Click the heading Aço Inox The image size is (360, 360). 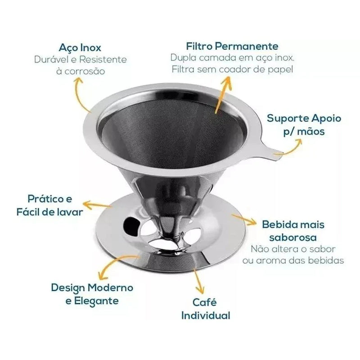pyautogui.click(x=81, y=48)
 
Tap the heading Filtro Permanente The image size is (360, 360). pyautogui.click(x=232, y=46)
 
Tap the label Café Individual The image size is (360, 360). pyautogui.click(x=206, y=308)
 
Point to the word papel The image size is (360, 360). pyautogui.click(x=280, y=69)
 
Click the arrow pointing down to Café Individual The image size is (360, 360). pyautogui.click(x=198, y=279)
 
